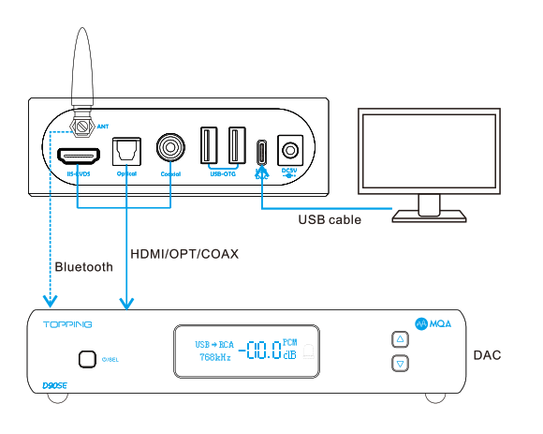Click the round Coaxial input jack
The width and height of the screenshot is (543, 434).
171,148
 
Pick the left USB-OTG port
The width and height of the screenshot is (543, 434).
208,146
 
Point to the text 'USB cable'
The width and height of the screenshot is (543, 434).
330,220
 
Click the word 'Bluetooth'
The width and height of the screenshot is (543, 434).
84,266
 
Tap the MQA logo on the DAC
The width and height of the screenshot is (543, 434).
434,323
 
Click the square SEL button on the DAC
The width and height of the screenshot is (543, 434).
87,358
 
